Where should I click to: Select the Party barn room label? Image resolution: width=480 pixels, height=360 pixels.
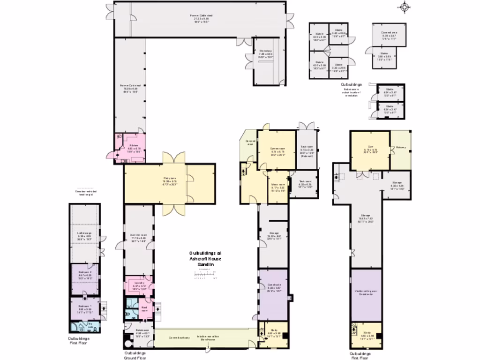170,180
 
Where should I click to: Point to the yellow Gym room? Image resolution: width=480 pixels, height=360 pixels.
370,150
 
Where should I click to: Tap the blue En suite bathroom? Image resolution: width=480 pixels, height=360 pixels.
84,326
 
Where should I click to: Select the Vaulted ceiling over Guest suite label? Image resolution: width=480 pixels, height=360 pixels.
366,293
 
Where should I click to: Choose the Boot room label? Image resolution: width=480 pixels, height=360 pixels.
145,309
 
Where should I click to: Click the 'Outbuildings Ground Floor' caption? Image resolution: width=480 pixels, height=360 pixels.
135,355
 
